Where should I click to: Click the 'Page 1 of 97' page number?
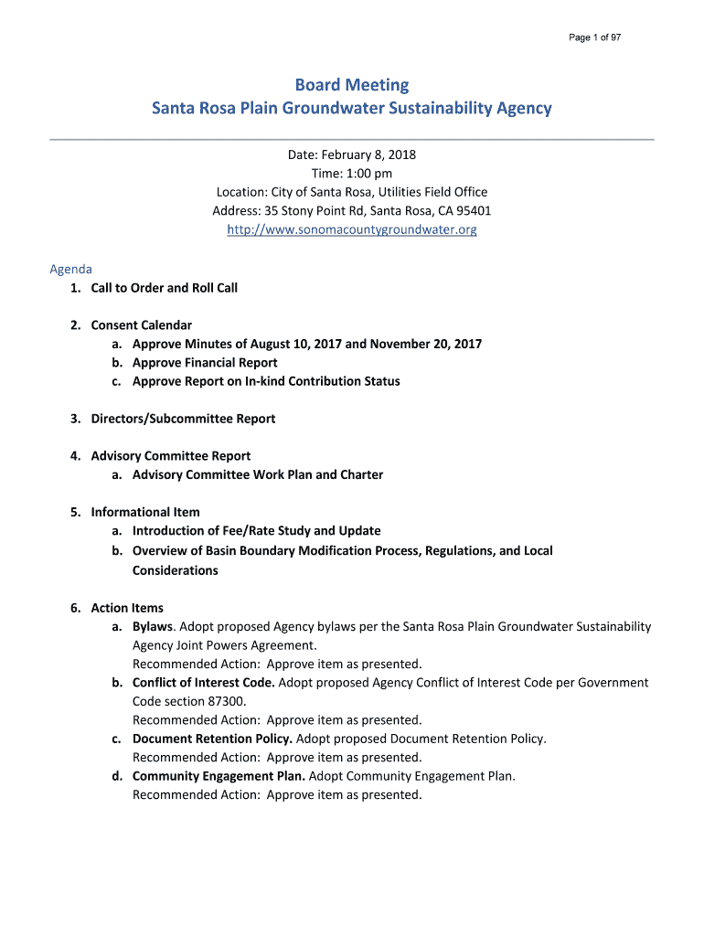tap(594, 37)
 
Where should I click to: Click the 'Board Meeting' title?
tap(352, 85)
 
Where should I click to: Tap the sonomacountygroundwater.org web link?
tap(352, 229)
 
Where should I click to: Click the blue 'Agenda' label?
tap(70, 270)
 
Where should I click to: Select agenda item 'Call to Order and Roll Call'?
tap(164, 288)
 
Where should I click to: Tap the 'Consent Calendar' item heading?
tap(141, 325)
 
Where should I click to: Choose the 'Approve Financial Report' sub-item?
tap(205, 363)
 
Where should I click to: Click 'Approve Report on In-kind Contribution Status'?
tap(266, 381)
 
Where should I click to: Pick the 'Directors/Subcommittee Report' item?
tap(183, 419)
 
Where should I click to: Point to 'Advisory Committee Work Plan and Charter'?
tap(258, 474)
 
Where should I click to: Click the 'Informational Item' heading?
tap(145, 512)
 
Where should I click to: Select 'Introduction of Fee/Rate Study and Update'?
tap(257, 530)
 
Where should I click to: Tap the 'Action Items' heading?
tap(127, 608)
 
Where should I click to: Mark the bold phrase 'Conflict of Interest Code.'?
tap(203, 683)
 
